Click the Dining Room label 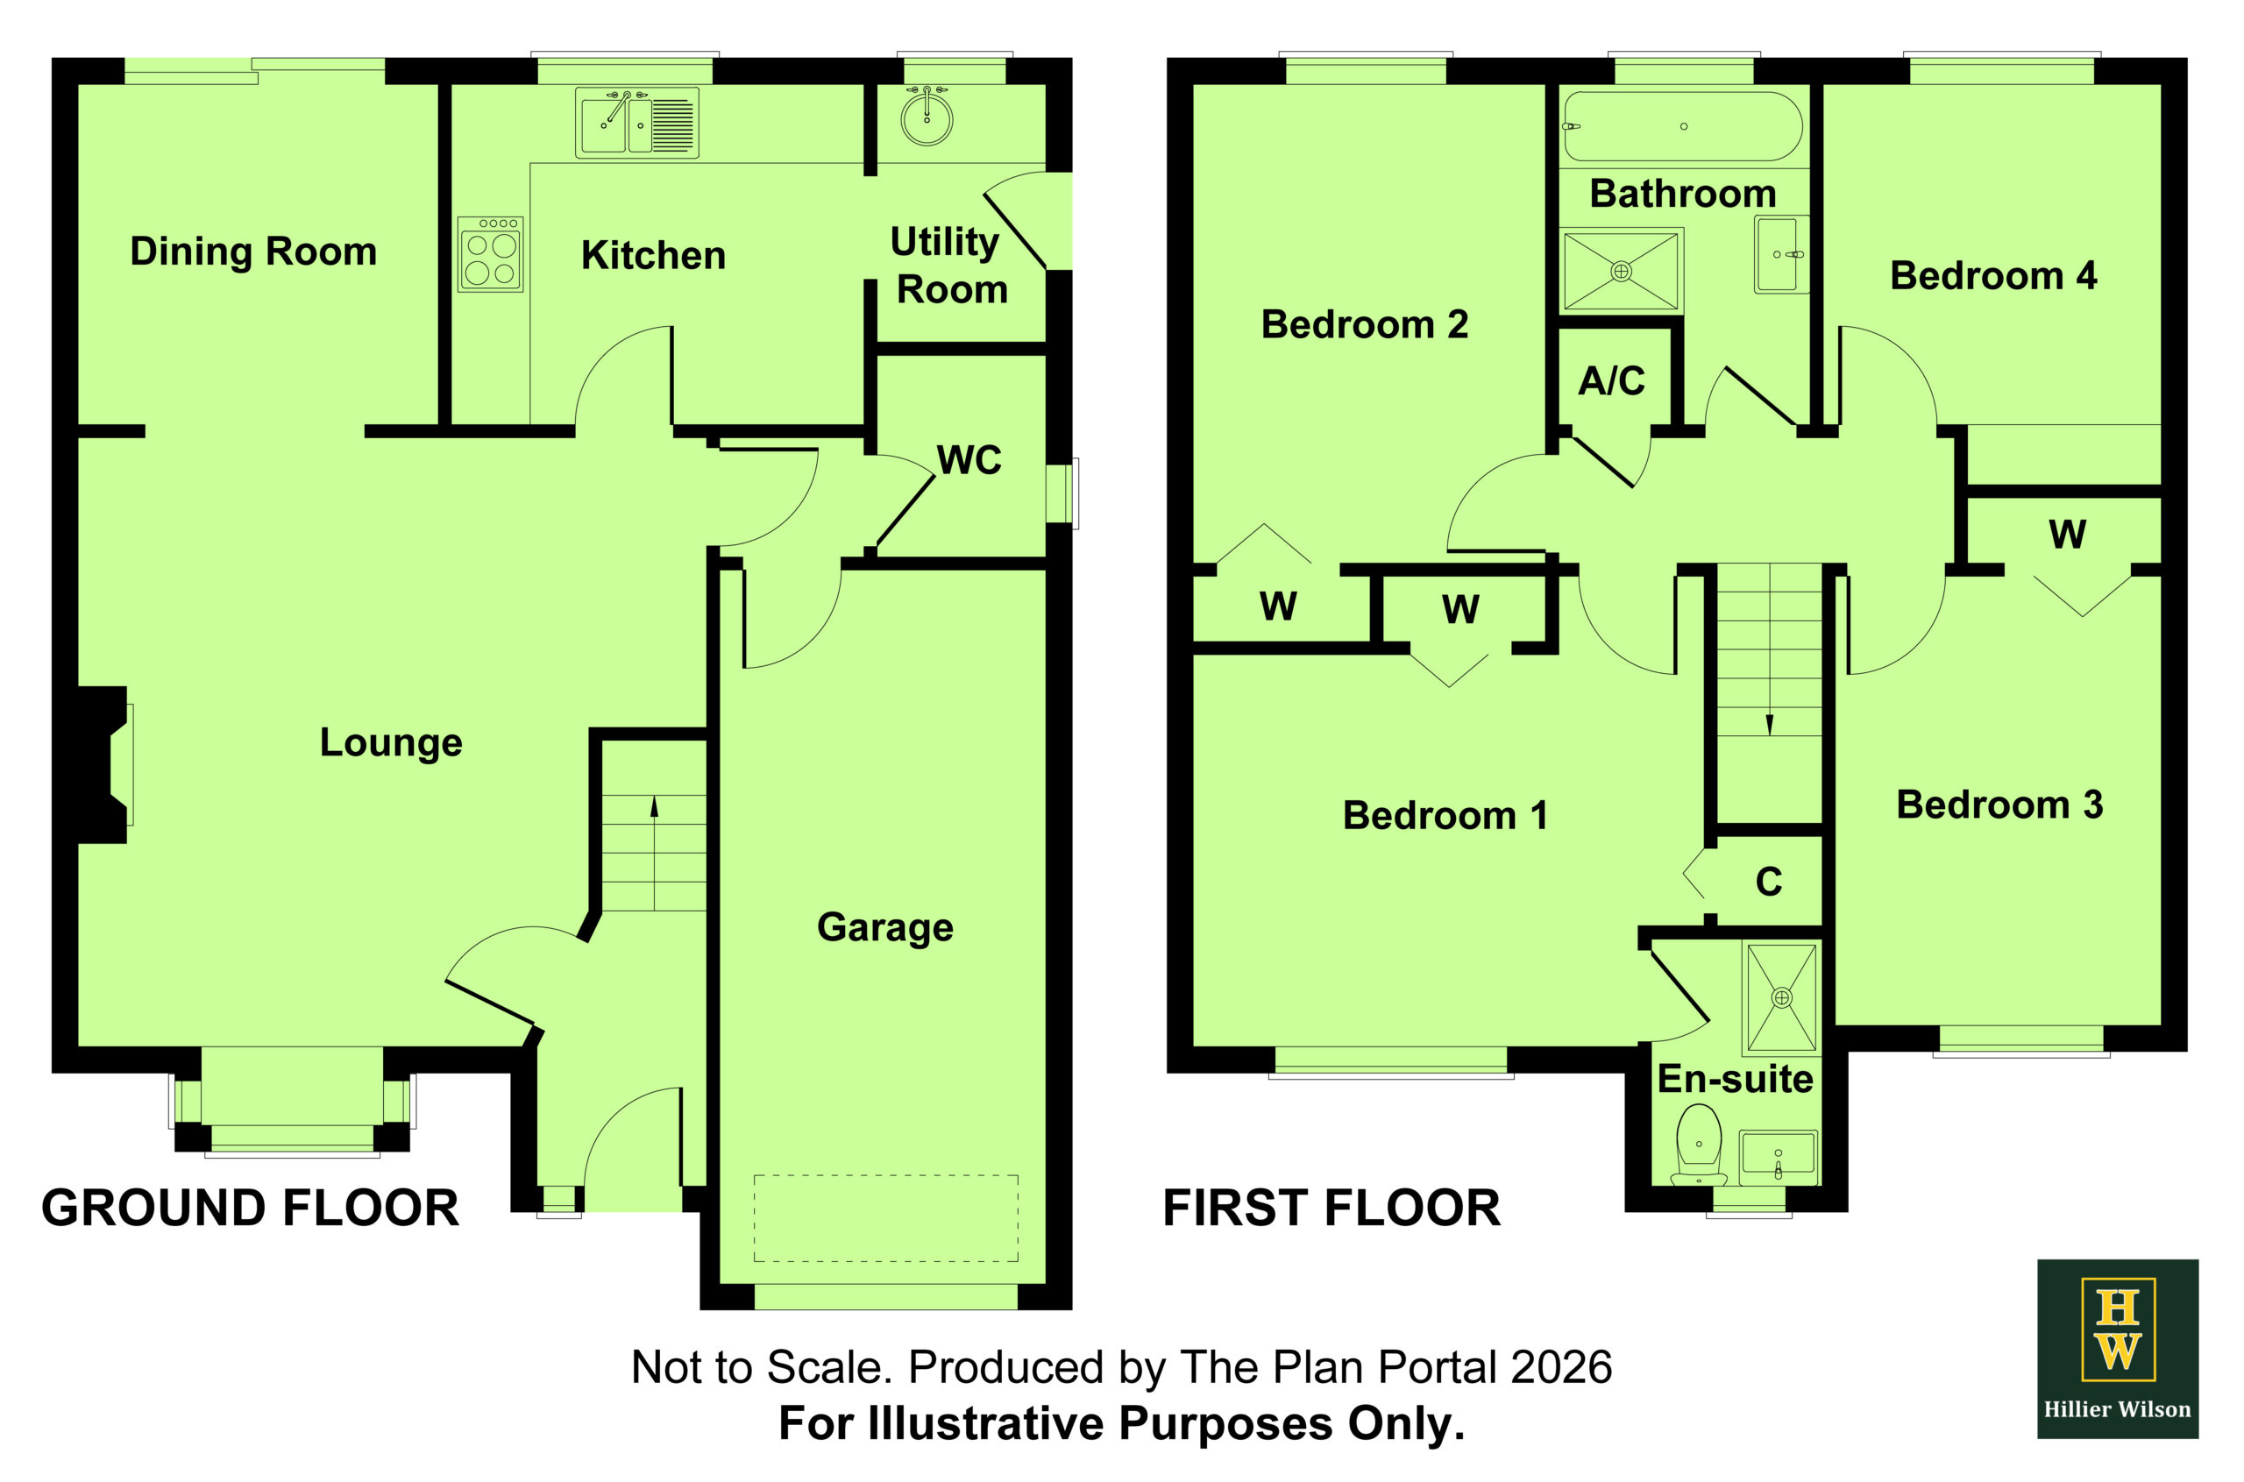tap(253, 252)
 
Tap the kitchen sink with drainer tap(637, 123)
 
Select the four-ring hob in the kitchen tap(491, 254)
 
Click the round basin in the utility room tap(927, 117)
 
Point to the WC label tap(969, 460)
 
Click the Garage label tap(884, 928)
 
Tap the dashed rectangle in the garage tap(885, 1218)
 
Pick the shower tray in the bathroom tap(1621, 272)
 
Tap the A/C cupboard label tap(1612, 381)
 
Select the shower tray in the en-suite tap(1782, 997)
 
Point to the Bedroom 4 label tap(1993, 276)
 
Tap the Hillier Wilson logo tap(2118, 1349)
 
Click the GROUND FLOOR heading tap(251, 1208)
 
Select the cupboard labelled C tap(1768, 881)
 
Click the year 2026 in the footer tap(1561, 1368)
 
